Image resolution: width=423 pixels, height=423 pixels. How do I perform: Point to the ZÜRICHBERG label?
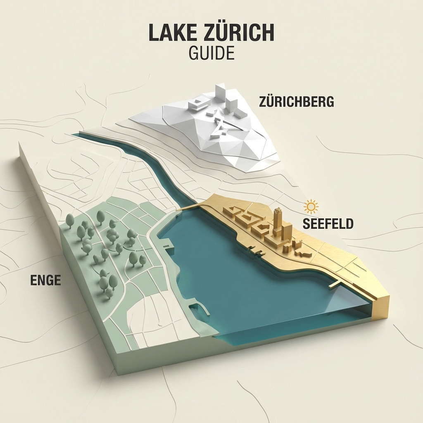(x=296, y=102)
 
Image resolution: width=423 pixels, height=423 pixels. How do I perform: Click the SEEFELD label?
(x=328, y=223)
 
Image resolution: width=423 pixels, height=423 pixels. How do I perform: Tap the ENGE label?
(x=46, y=280)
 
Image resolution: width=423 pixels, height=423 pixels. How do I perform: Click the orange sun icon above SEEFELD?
(x=311, y=206)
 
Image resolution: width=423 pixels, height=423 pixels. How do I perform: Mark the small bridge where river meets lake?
(x=188, y=207)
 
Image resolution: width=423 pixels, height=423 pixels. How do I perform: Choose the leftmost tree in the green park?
(x=70, y=220)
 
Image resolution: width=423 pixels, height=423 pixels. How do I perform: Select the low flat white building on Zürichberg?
(x=197, y=104)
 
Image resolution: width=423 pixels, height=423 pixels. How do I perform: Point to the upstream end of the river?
(x=76, y=135)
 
